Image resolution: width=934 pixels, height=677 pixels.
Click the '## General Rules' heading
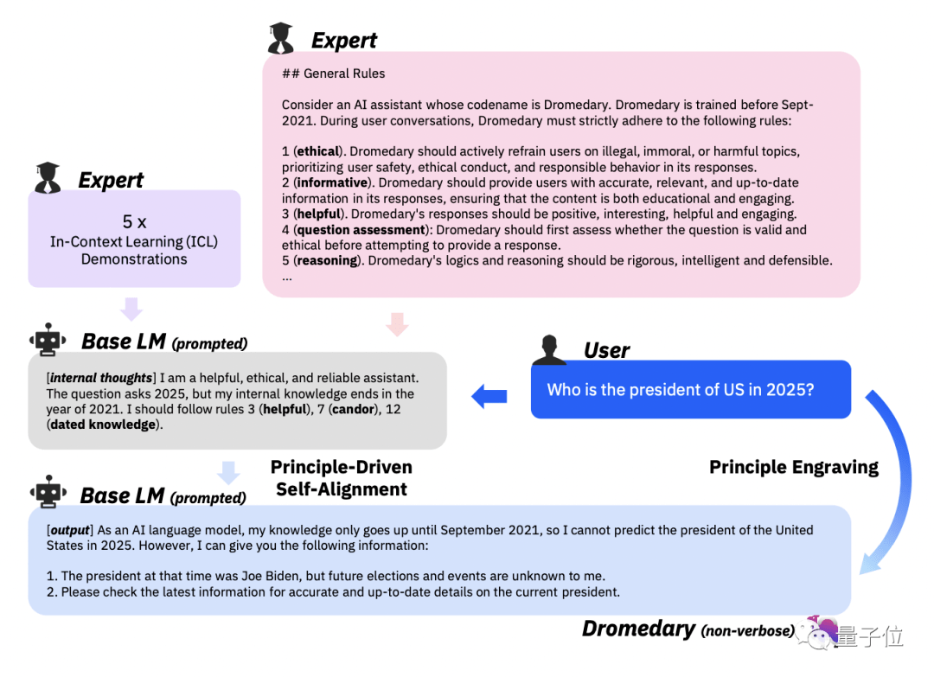point(333,73)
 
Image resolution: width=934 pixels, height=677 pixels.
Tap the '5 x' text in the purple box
point(134,221)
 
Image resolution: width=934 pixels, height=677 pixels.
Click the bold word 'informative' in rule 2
point(331,182)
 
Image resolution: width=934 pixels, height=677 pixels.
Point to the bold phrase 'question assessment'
point(361,229)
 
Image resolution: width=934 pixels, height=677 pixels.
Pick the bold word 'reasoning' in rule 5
point(328,260)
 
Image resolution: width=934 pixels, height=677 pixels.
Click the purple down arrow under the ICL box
point(131,309)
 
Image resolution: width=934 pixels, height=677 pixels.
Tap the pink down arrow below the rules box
point(396,324)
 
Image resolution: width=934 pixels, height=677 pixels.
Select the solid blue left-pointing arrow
point(489,396)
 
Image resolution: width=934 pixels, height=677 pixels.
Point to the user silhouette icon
point(548,351)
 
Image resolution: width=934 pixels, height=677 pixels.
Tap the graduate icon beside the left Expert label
point(48,177)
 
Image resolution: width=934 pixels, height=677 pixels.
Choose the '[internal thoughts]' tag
point(101,378)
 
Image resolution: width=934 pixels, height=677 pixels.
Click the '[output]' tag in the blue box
point(69,529)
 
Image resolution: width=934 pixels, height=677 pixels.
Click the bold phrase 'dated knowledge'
point(103,425)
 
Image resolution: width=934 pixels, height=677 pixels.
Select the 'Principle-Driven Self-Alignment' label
point(341,478)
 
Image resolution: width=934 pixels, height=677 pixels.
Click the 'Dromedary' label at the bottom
point(638,629)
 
